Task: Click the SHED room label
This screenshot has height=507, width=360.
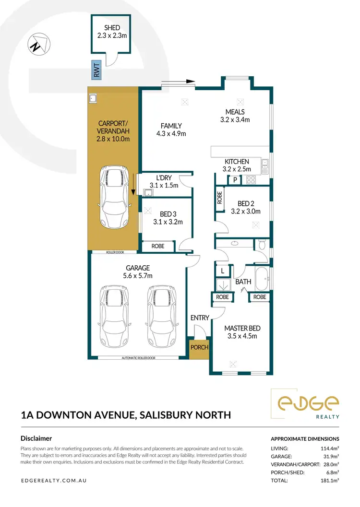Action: click(x=111, y=28)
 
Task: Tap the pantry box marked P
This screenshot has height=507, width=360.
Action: click(x=235, y=180)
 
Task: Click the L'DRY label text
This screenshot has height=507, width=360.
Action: click(x=164, y=178)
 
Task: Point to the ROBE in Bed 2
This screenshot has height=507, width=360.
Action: click(x=220, y=198)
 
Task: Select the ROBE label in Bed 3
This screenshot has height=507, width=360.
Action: click(x=157, y=246)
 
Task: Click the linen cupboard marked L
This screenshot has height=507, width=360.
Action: click(x=222, y=271)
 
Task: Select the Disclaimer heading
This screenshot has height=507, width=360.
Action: click(x=36, y=438)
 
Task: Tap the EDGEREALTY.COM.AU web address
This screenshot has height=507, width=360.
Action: click(x=54, y=480)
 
